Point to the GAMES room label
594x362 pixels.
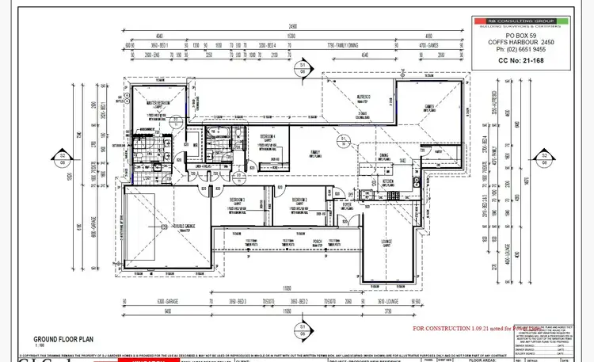click(430, 106)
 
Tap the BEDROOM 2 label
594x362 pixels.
click(299, 199)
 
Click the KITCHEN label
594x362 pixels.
click(388, 180)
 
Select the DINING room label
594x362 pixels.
click(383, 155)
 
